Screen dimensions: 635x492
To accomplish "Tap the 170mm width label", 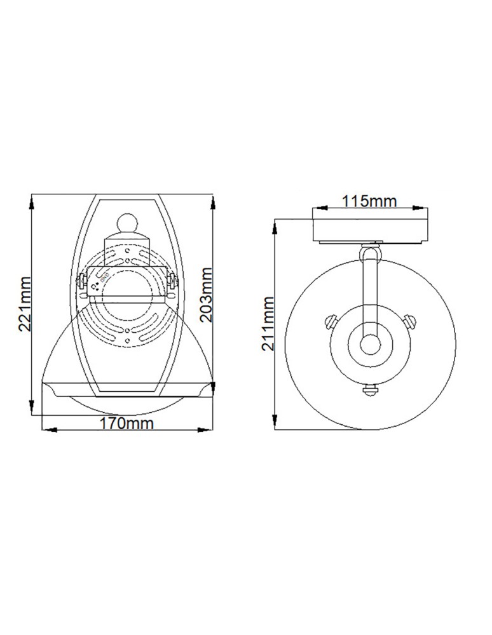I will click(127, 423).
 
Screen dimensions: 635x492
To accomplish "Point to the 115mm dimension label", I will click(369, 201).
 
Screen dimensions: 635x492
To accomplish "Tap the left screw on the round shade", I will click(329, 319).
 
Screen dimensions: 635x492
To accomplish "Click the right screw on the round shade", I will click(411, 319).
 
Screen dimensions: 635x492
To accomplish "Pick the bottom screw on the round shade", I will click(369, 390).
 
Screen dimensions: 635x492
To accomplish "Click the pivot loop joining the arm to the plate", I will click(369, 253).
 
